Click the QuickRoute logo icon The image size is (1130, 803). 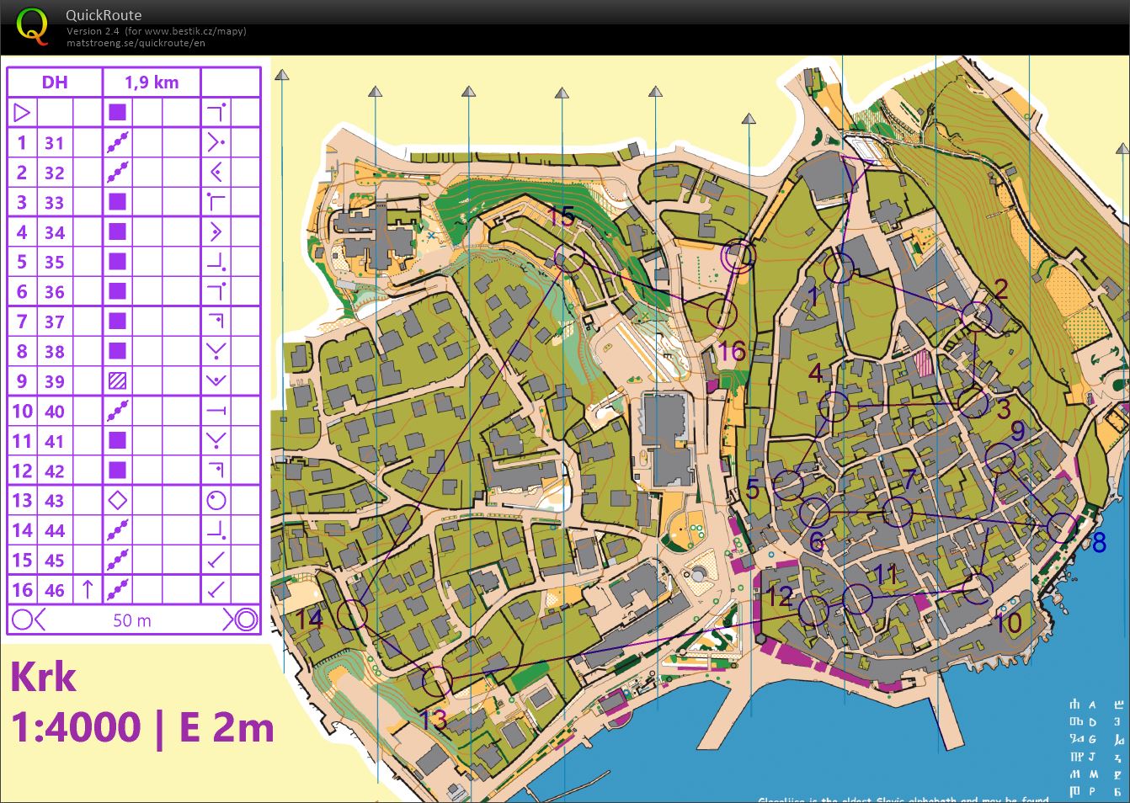(x=31, y=26)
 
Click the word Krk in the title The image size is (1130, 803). (x=44, y=677)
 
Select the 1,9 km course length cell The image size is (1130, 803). (x=152, y=82)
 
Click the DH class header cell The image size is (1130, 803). (x=55, y=82)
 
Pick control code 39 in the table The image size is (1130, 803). (x=55, y=381)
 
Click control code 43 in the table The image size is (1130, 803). (x=55, y=501)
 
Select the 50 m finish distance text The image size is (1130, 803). (x=132, y=621)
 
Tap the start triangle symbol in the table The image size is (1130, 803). (x=22, y=112)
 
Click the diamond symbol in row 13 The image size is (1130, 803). (x=118, y=501)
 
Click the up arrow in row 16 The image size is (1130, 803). (x=88, y=590)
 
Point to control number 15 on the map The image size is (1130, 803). (x=562, y=216)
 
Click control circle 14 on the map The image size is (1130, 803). (x=352, y=615)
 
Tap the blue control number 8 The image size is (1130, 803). (x=1098, y=543)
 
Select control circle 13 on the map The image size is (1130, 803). (x=436, y=681)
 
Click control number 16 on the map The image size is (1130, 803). (x=732, y=350)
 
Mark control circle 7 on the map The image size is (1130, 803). (x=897, y=512)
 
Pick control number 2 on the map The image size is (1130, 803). (x=1001, y=290)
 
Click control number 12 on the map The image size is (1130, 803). (x=779, y=596)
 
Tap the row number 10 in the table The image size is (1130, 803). (x=22, y=412)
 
